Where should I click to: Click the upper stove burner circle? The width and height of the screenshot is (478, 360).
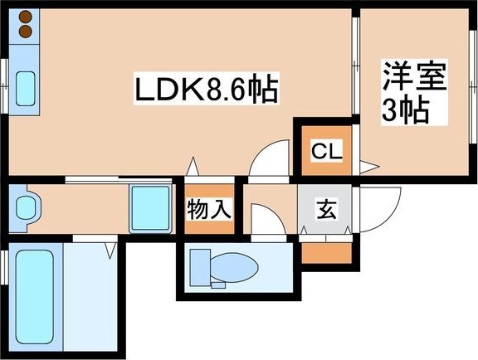click(x=24, y=17)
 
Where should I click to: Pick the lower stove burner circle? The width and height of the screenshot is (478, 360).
click(x=24, y=32)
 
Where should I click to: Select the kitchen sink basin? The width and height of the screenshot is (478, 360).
click(x=24, y=87)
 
